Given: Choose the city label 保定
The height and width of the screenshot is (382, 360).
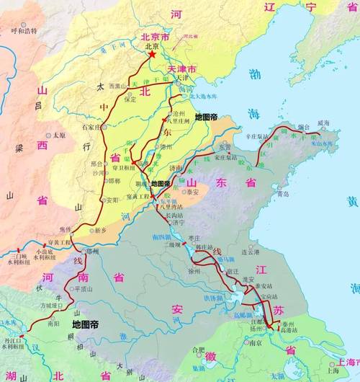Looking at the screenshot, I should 130,99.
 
